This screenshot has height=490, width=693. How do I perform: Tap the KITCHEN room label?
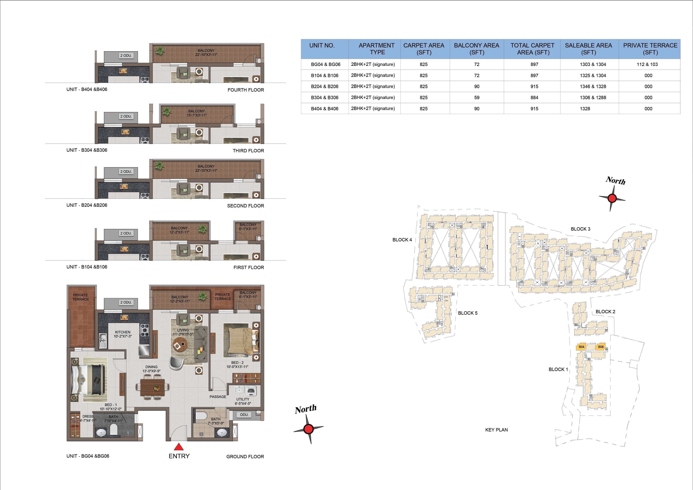point(123,332)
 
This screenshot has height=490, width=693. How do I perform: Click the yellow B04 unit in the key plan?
point(581,347)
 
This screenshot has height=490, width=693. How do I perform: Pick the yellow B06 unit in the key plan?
point(601,347)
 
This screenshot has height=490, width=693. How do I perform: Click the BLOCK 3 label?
point(580,229)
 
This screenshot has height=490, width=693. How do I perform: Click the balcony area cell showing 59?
point(477,97)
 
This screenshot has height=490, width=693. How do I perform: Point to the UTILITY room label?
point(243,399)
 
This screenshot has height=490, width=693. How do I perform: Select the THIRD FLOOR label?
point(248,151)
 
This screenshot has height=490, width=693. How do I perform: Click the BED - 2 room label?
point(237,363)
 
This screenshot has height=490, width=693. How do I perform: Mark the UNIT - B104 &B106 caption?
point(87,267)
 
